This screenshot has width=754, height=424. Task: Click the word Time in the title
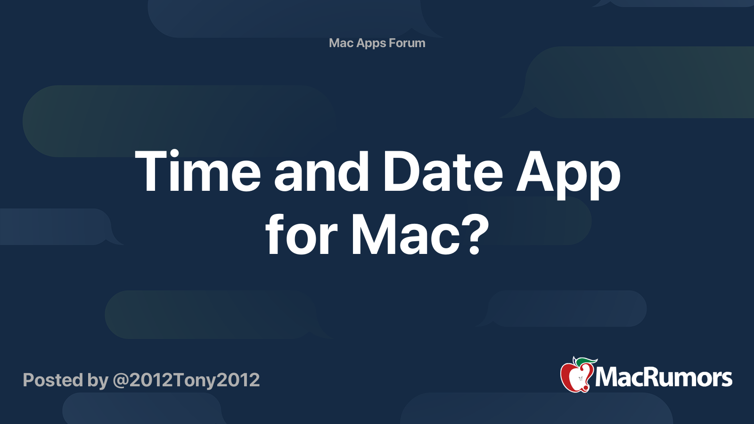click(198, 171)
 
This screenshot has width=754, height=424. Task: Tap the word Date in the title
click(443, 171)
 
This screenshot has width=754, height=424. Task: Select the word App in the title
click(568, 175)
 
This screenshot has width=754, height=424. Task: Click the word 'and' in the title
click(322, 171)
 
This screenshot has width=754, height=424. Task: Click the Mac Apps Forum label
click(377, 43)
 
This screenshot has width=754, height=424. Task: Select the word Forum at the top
click(407, 43)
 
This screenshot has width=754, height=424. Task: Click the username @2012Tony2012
click(186, 380)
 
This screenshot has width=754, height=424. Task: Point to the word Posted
click(53, 380)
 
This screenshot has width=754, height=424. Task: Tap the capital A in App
click(535, 171)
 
